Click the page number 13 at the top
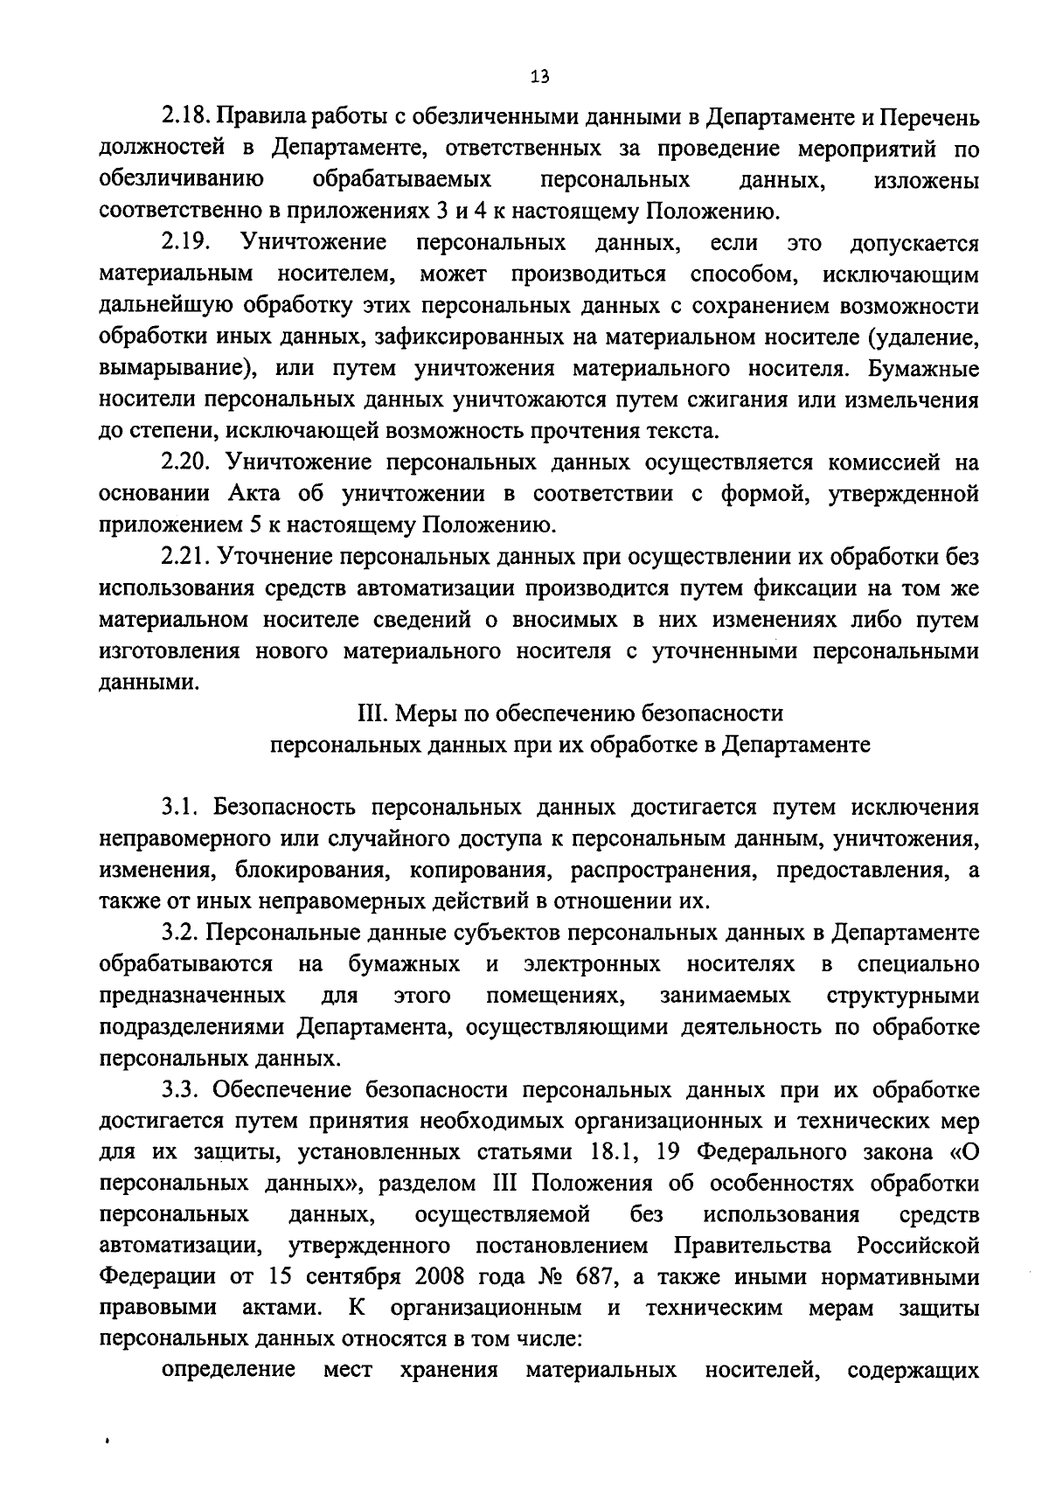[x=540, y=76]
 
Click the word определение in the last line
[x=229, y=1370]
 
